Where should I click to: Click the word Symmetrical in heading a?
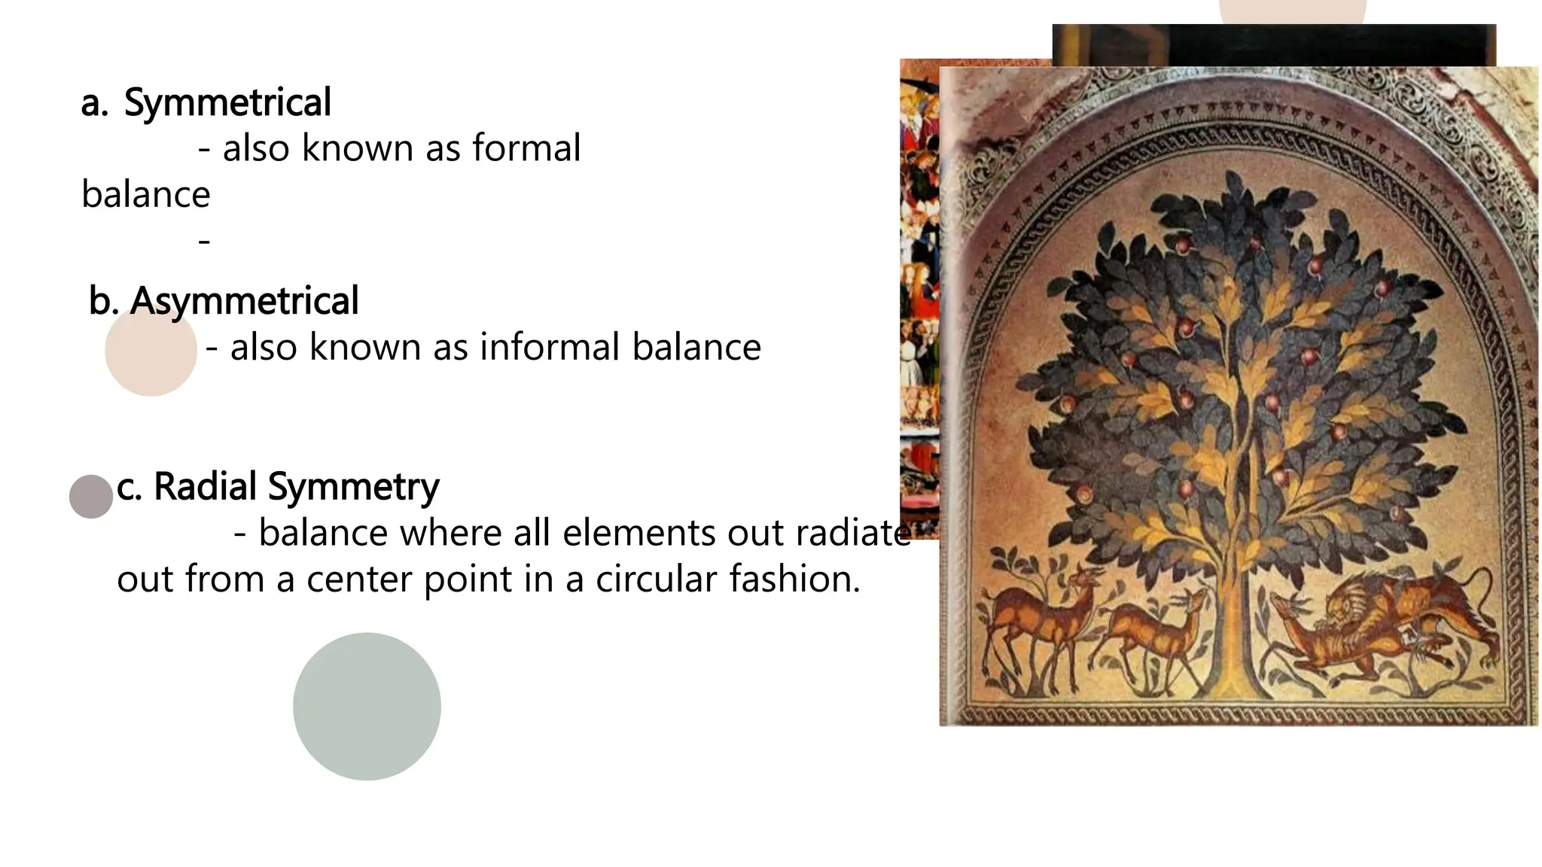[x=227, y=102]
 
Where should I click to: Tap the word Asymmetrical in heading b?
[x=244, y=301]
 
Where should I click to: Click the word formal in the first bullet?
[x=526, y=148]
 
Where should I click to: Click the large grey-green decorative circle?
[x=367, y=706]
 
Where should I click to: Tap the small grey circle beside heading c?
[x=91, y=497]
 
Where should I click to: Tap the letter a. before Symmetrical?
[x=94, y=104]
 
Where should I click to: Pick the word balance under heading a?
[x=145, y=195]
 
